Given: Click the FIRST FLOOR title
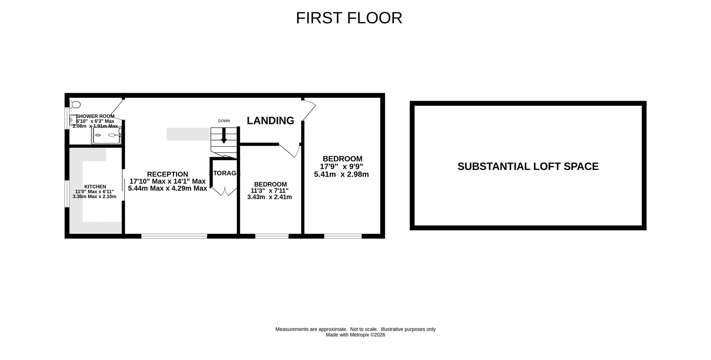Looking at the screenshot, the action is tap(349, 18).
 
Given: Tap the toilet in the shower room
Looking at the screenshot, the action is tap(75, 105).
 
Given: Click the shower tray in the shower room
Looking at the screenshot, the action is tap(107, 135).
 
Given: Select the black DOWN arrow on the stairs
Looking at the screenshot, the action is tap(224, 136).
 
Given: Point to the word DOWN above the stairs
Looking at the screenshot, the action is tap(224, 121).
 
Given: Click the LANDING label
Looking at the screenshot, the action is tap(271, 121).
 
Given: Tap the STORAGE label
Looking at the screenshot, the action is tap(225, 173).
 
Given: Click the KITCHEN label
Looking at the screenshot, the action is tap(95, 186).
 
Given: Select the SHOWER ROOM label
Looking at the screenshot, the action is tap(95, 116).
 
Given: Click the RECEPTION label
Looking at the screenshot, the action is tap(167, 174).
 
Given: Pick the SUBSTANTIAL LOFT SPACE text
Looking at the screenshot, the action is tap(528, 166).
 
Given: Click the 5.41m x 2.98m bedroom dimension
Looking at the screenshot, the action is tap(341, 174).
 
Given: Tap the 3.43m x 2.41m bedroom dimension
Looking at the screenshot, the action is tap(269, 197).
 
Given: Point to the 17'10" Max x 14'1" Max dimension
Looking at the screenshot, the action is tap(167, 181).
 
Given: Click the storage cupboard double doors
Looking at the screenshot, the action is tap(225, 191).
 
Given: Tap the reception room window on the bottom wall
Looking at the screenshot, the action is tap(174, 236).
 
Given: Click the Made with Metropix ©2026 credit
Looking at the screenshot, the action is tap(355, 335).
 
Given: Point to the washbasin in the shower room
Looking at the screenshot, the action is tap(73, 120).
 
